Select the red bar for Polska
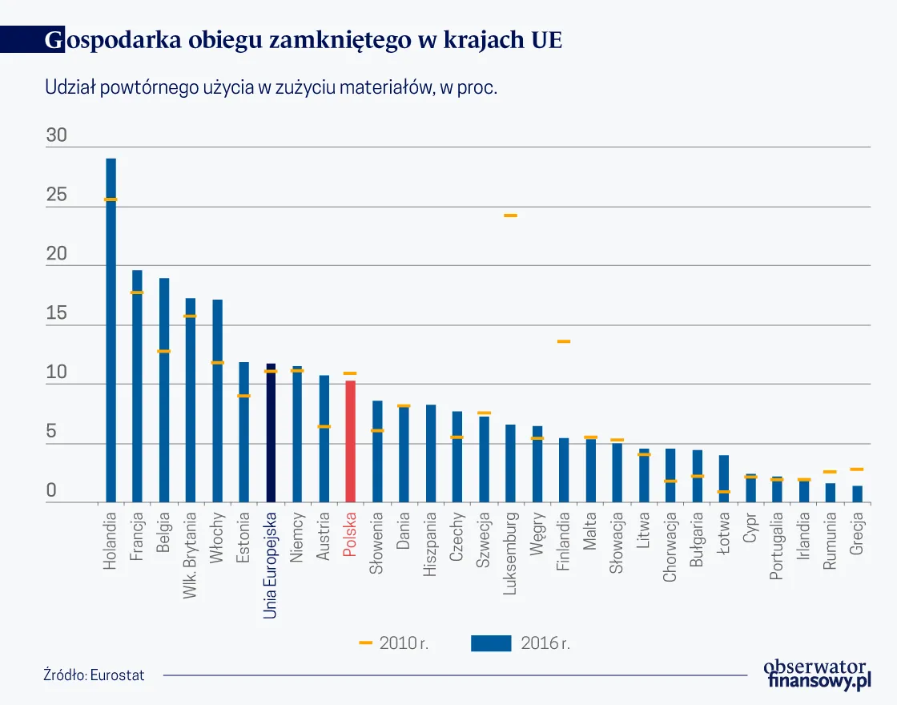[350, 441]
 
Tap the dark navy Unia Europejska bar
[271, 433]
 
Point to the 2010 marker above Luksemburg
[510, 216]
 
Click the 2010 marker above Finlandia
[563, 342]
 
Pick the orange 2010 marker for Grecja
[856, 469]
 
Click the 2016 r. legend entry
[521, 643]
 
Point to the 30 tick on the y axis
[56, 137]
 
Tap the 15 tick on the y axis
[56, 315]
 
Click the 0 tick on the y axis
[51, 491]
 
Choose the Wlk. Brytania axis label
[191, 542]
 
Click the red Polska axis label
[350, 535]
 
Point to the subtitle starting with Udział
[272, 88]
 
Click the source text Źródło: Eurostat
[94, 675]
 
